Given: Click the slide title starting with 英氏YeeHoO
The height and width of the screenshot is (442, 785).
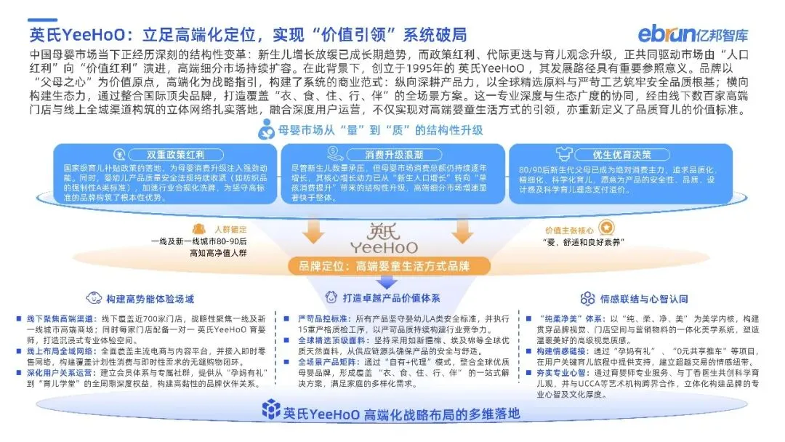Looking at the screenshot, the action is pyautogui.click(x=247, y=34).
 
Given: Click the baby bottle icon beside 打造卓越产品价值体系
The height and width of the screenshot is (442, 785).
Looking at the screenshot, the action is pyautogui.click(x=330, y=298).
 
